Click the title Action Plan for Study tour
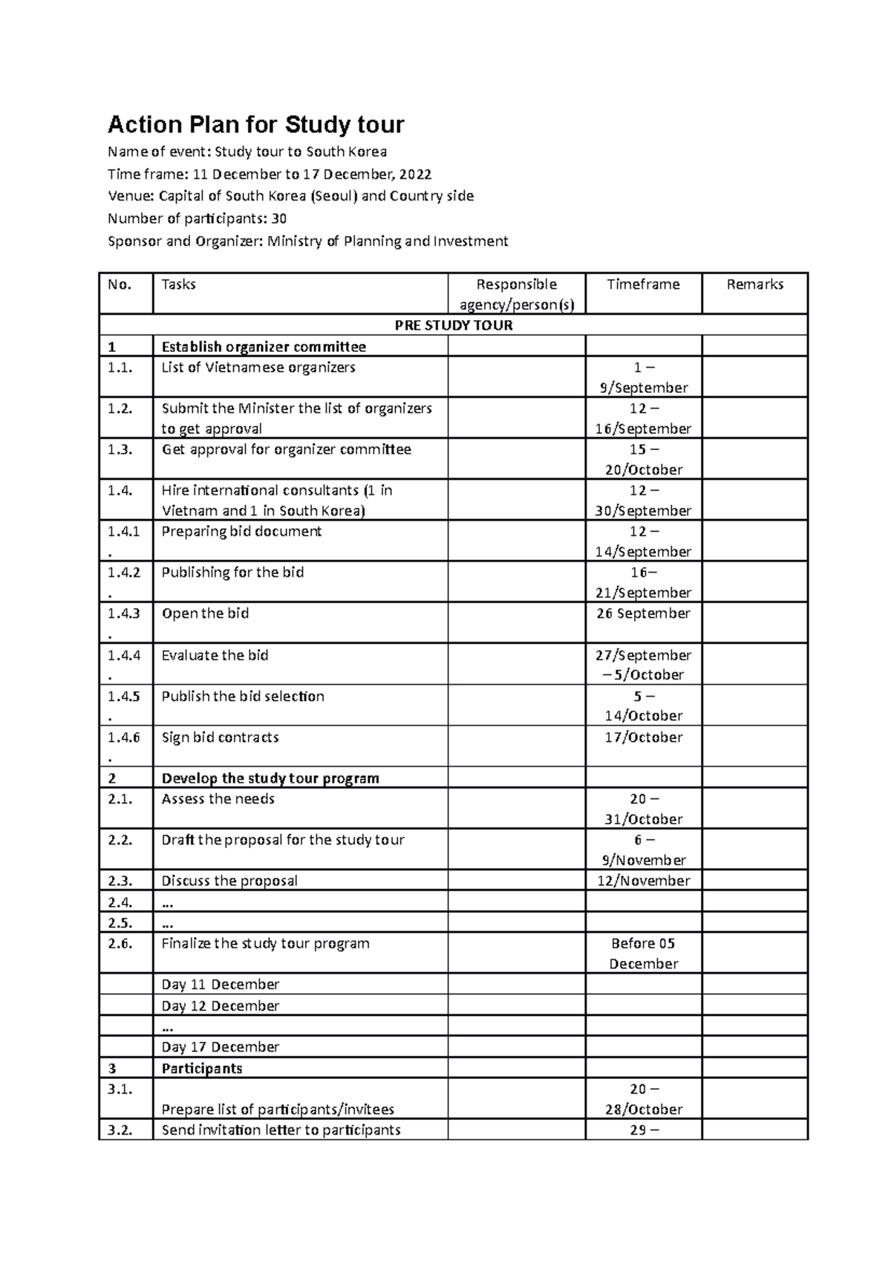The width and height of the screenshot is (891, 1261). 256,124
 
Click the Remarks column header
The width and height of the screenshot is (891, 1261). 754,284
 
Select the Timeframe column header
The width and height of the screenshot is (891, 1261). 643,284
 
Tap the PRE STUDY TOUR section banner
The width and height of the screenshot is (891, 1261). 453,325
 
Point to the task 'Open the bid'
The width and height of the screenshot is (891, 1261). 205,613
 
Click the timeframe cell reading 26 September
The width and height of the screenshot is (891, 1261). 643,613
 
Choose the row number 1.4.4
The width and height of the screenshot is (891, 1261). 123,656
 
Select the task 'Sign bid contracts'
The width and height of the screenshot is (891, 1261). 220,737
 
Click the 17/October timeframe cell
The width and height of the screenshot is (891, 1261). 643,737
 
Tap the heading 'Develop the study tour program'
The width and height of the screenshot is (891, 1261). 270,778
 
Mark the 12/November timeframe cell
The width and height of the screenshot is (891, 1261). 643,881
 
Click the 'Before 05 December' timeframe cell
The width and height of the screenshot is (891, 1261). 643,954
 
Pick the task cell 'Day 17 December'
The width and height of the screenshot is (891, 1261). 220,1047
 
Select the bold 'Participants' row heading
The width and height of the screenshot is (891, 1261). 202,1069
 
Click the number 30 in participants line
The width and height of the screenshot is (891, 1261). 279,219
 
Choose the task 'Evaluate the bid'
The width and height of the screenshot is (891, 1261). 215,656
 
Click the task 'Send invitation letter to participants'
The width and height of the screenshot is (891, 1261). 281,1130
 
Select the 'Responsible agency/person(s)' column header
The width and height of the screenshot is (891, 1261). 516,294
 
